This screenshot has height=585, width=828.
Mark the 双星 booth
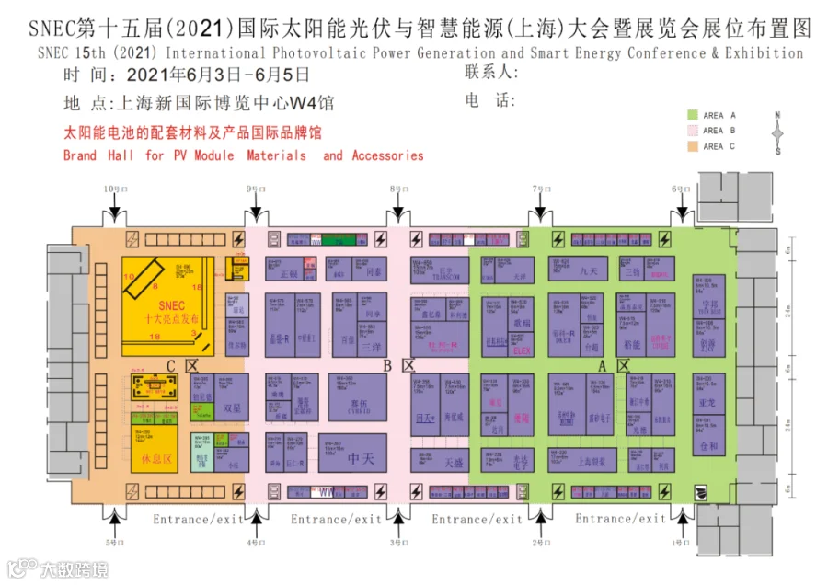point(232,406)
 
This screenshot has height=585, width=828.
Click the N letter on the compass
point(777,116)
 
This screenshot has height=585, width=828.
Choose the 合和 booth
point(706,446)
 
